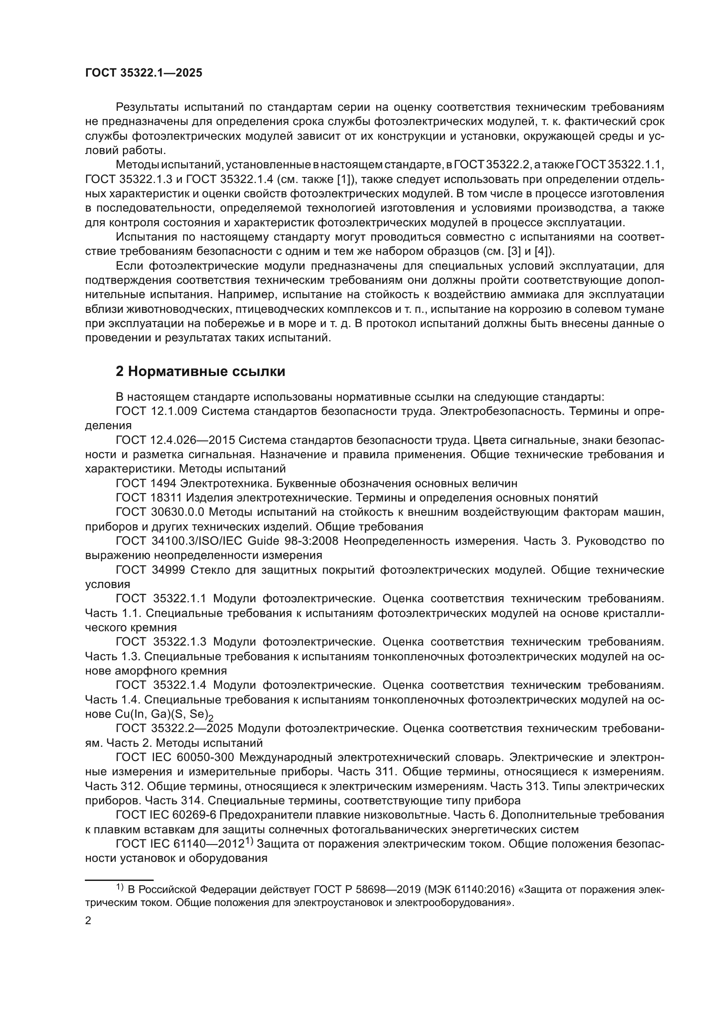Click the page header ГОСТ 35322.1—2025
(x=144, y=73)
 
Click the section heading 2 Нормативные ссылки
(x=200, y=372)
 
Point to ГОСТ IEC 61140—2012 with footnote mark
(x=183, y=844)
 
